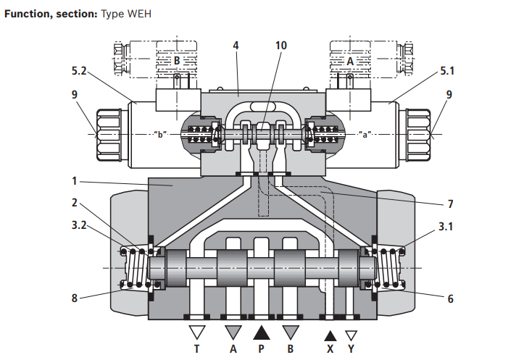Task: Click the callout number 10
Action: [x=280, y=46]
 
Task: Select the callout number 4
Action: [x=236, y=46]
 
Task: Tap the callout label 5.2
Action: [x=80, y=71]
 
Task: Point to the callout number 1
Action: [x=75, y=180]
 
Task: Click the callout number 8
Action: [x=75, y=297]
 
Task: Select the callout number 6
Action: [x=450, y=298]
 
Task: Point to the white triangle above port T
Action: [x=196, y=333]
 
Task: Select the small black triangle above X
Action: [x=330, y=335]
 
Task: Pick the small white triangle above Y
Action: [x=351, y=335]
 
